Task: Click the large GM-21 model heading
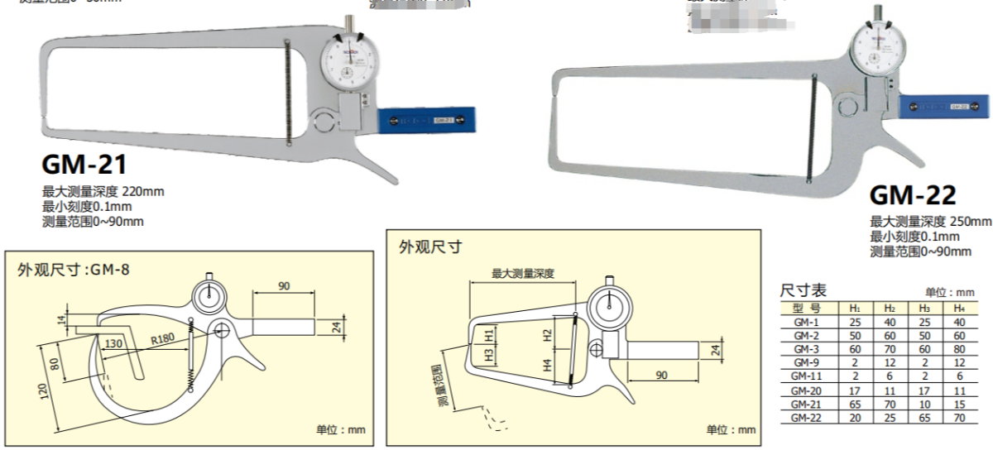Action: point(84,165)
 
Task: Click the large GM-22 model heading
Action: point(913,196)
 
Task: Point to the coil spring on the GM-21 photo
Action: point(286,91)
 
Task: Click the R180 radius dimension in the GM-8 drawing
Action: point(163,338)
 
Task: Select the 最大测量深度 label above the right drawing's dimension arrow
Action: point(522,273)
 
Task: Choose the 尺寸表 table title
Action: point(804,291)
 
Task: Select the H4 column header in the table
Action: point(959,308)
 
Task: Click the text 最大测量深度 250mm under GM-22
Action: point(930,222)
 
